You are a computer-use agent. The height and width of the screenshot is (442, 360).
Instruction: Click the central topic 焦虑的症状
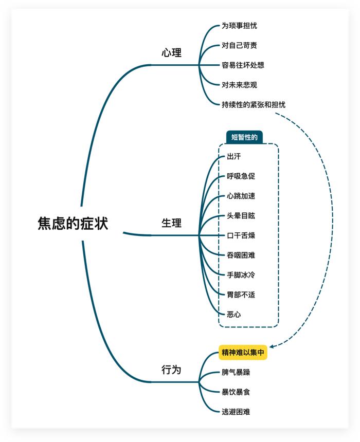73,223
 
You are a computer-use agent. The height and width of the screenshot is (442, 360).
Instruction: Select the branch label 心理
172,53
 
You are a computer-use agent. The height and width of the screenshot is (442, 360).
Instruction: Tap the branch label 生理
172,223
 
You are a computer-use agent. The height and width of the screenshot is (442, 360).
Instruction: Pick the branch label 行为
172,370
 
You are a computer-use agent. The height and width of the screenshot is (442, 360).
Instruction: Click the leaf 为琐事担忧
239,26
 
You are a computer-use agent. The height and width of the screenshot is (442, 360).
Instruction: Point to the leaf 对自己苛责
239,45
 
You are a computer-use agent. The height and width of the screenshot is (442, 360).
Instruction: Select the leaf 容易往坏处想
243,65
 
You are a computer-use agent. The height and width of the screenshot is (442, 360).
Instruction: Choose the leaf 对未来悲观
239,85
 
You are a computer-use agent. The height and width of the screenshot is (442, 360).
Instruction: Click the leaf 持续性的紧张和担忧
254,104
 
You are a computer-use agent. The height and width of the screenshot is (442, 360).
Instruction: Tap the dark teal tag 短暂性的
244,137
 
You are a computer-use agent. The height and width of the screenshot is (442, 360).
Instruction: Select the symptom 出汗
234,156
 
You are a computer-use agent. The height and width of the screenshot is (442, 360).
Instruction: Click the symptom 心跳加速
241,196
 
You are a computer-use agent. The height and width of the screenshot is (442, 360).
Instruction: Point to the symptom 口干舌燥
241,235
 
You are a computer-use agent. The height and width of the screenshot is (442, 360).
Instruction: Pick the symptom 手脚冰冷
241,275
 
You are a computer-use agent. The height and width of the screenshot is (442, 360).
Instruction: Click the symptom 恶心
234,315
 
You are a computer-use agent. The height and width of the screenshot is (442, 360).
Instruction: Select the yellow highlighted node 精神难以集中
243,353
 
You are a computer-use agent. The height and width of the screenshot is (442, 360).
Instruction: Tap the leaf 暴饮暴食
236,392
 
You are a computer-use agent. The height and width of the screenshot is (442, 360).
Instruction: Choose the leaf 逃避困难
236,412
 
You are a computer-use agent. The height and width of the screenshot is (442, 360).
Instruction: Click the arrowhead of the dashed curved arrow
272,346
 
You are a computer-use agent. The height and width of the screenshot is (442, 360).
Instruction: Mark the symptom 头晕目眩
241,216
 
